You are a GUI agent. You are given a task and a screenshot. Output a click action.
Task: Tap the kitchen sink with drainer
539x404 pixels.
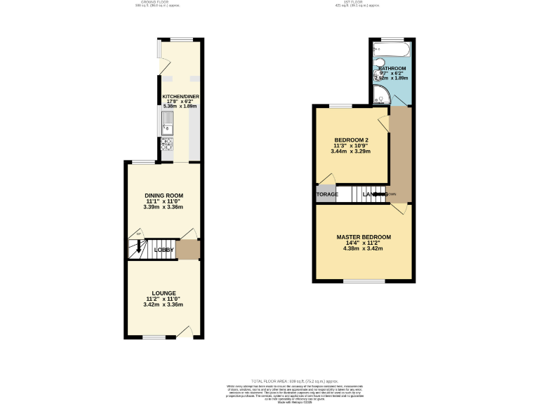click(x=168, y=123)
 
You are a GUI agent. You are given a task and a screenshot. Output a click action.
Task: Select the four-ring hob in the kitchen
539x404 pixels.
click(x=168, y=144)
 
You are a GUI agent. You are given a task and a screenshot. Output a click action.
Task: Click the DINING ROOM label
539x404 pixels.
click(x=164, y=195)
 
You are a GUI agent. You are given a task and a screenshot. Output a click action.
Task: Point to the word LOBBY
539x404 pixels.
click(x=164, y=249)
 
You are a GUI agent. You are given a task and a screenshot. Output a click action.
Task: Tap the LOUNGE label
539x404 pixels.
click(x=164, y=292)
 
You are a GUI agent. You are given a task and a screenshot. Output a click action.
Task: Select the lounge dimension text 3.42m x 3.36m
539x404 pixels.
click(x=164, y=304)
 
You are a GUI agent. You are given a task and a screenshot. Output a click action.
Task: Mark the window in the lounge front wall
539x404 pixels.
click(x=152, y=337)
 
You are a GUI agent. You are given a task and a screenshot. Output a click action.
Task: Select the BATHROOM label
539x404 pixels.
click(x=392, y=68)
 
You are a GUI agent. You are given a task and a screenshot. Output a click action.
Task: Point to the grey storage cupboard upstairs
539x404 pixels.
click(x=326, y=194)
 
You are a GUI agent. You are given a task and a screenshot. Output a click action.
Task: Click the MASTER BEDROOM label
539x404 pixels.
click(x=364, y=236)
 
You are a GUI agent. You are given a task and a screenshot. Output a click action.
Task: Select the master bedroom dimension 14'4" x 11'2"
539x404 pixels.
click(x=364, y=243)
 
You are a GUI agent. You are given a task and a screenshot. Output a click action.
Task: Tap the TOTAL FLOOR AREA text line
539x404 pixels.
click(x=269, y=379)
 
